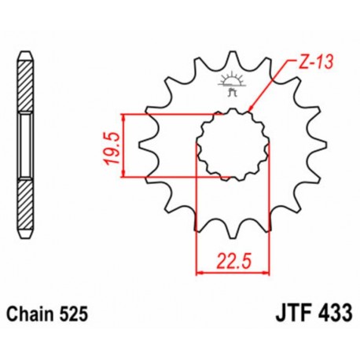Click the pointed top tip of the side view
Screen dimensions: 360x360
25,56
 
